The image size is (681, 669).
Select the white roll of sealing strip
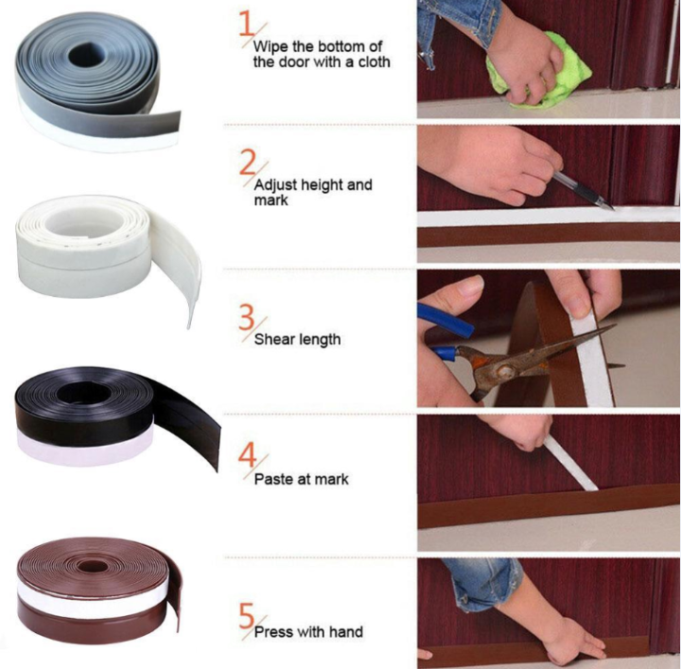(104, 241)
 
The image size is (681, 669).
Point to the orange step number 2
(247, 163)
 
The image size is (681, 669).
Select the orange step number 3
(247, 316)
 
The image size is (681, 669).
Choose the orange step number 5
(247, 610)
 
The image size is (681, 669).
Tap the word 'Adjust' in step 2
(274, 185)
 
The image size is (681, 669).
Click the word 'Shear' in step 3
(274, 340)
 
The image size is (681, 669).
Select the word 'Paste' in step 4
(273, 480)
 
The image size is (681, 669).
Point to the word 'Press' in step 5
(273, 632)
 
